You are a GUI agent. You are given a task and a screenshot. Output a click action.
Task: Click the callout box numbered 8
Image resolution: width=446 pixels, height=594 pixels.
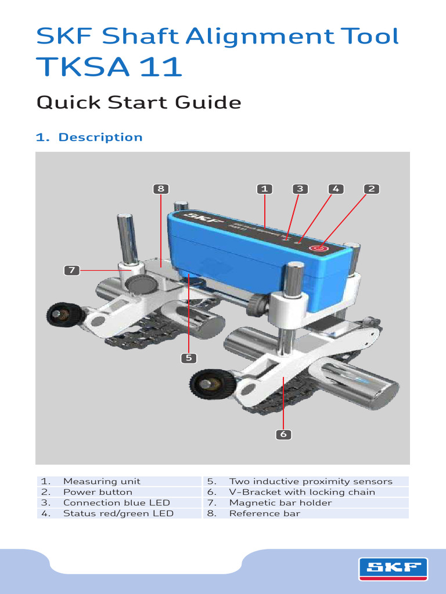161,189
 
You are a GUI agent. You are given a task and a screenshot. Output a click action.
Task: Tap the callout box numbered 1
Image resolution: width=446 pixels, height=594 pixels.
264,189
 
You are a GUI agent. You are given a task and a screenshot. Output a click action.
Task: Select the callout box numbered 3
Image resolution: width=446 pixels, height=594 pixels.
300,189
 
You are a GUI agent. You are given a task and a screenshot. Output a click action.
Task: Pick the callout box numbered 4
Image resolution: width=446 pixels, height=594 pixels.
335,189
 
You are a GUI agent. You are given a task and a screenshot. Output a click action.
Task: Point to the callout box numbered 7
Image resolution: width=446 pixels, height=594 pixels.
71,270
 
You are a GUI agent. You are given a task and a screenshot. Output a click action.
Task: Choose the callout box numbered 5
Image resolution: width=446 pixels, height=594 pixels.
188,358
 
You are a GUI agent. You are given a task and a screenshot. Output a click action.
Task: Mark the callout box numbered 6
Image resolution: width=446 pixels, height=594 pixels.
283,434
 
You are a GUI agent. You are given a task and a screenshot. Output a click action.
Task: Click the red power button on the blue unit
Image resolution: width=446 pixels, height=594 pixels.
318,248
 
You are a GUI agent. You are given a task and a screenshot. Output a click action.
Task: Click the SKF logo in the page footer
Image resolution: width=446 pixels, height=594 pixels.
393,568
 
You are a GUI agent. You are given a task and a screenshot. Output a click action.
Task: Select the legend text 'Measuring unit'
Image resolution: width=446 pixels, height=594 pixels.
102,481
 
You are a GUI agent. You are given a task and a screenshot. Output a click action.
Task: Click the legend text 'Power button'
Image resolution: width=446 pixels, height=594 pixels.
98,492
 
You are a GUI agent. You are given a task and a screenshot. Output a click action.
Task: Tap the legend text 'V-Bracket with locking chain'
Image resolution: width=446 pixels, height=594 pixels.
302,492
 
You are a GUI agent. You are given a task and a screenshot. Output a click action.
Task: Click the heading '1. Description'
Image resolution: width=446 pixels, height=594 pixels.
89,137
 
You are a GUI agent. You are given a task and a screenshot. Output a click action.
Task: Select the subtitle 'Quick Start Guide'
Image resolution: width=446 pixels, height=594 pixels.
138,103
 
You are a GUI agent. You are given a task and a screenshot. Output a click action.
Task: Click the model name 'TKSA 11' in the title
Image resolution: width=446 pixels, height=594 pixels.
109,67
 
